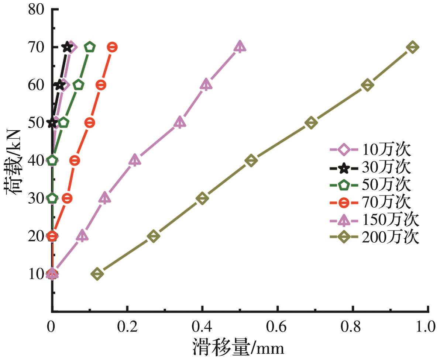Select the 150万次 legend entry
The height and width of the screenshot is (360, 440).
point(374,220)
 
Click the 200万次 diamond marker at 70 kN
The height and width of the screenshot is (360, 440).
point(413,47)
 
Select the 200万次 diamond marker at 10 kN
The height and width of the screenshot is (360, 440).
point(97,274)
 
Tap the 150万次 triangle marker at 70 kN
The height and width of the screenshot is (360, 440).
point(240,47)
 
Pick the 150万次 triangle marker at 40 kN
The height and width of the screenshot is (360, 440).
point(135,160)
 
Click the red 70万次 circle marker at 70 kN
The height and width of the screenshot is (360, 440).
point(112,47)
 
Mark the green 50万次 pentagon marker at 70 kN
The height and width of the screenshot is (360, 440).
point(90,47)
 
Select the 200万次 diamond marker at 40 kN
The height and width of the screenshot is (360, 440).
point(251,160)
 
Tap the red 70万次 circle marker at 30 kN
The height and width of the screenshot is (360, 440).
point(67,198)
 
